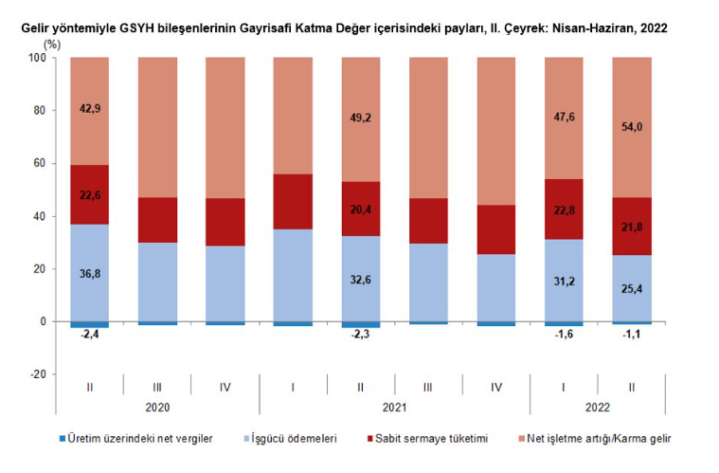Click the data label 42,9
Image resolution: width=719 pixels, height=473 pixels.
[90, 110]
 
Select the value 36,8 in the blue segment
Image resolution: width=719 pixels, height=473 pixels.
[90, 273]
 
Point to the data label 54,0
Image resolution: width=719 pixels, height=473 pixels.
[632, 126]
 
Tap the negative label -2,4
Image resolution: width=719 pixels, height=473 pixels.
[90, 335]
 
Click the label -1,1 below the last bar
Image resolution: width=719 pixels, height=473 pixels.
[632, 333]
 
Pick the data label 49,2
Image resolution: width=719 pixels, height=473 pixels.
[361, 119]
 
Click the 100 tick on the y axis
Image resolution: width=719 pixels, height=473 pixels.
[37, 58]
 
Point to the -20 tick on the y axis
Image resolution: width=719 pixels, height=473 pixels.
[37, 374]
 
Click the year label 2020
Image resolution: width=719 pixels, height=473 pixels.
[157, 408]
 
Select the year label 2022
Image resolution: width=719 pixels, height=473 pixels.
[598, 408]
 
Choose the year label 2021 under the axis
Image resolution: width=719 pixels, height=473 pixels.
[394, 408]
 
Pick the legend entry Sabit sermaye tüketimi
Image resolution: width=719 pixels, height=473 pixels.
[431, 440]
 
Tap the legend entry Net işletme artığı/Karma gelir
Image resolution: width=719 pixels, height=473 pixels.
[599, 440]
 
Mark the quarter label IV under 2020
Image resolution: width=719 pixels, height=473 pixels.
[225, 388]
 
